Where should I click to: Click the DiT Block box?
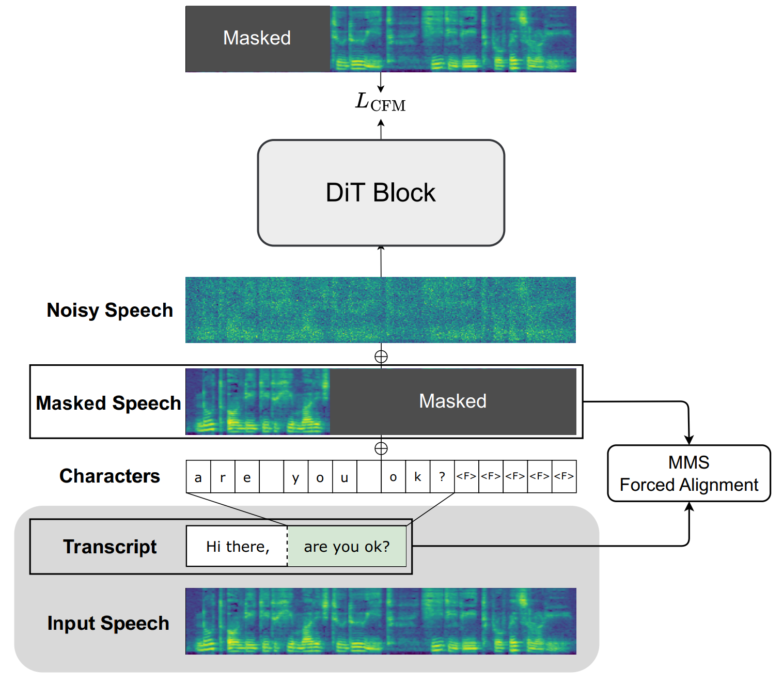coord(381,193)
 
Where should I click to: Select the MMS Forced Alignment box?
coord(688,473)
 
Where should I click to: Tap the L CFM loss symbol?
coord(380,103)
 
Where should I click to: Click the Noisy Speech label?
coord(110,310)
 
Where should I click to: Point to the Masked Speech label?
coord(108,403)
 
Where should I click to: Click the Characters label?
coord(109,476)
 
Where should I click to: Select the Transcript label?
coord(110,546)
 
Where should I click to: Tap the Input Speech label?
coord(108,623)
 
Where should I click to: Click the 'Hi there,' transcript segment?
coord(237,546)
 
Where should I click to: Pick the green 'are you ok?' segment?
coord(347,546)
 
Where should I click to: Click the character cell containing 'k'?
coord(417,477)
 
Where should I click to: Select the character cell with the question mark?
coord(442,477)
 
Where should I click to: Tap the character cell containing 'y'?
coord(295,477)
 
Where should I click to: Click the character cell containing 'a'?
coord(198,477)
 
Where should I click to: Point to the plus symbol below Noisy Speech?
coord(381,356)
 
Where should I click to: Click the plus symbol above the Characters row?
coord(381,448)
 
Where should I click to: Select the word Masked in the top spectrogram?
coord(257,38)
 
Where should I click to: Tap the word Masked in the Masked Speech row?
coord(453,401)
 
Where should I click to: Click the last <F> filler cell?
coord(564,477)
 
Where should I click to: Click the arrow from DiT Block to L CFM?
coord(381,129)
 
